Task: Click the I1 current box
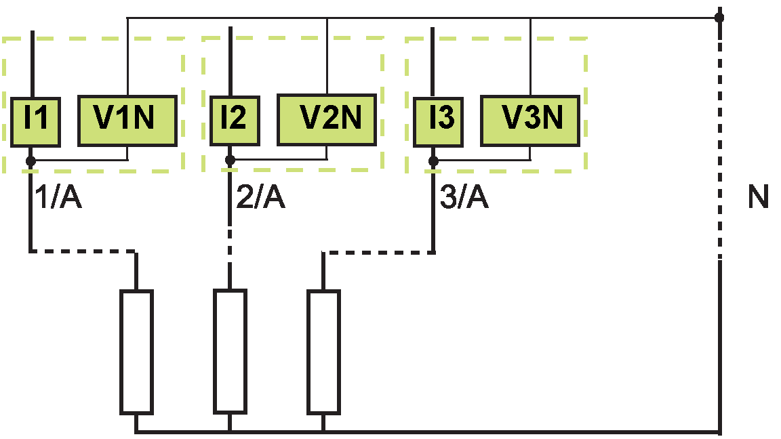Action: pos(35,122)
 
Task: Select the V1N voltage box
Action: pos(127,121)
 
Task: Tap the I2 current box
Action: pos(235,121)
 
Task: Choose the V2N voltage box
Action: pos(327,119)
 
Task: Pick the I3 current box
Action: pos(439,122)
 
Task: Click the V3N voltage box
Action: pos(530,121)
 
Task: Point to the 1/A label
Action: pos(58,196)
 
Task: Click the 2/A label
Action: pos(260,196)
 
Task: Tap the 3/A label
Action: pos(464,196)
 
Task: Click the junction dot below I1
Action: pos(31,161)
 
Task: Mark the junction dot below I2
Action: pos(230,161)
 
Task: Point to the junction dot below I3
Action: pos(433,161)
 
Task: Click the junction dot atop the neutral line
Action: pos(719,18)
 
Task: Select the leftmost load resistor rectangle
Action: pos(136,352)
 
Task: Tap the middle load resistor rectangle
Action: pos(230,352)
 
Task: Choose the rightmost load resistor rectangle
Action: pos(324,352)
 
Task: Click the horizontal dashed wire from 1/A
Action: pos(83,251)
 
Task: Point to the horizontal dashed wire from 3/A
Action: pos(378,253)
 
